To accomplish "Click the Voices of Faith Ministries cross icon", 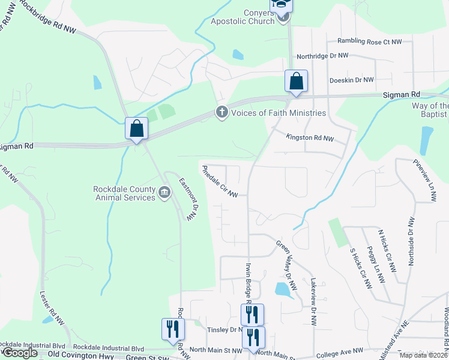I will pos(221,112).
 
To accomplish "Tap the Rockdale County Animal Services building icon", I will pos(164,192).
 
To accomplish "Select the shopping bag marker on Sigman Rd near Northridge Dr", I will pos(296,82).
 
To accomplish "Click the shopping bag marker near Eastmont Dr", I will pos(136,128).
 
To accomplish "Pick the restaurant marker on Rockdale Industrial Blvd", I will pos(172,329).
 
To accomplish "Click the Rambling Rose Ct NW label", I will pos(373,41).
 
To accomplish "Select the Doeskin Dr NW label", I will pos(352,80).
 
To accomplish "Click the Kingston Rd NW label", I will pos(309,137).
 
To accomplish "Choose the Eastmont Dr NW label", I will pos(187,199).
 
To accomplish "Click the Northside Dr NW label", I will pos(411,243).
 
